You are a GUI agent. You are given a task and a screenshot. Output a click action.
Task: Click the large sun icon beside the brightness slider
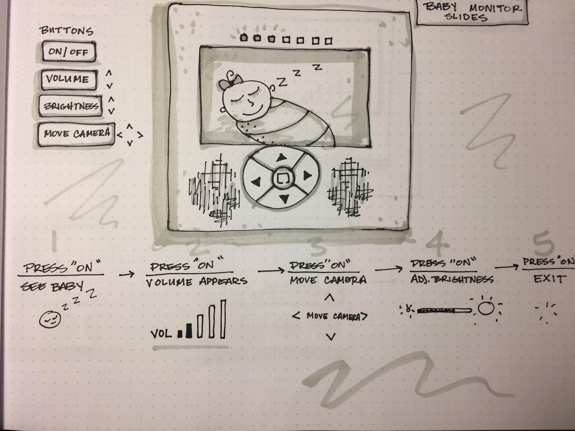486,309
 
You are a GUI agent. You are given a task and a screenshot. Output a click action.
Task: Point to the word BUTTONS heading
66,31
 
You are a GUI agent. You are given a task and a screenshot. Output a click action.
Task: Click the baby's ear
273,88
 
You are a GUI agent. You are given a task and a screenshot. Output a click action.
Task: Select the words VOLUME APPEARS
196,281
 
